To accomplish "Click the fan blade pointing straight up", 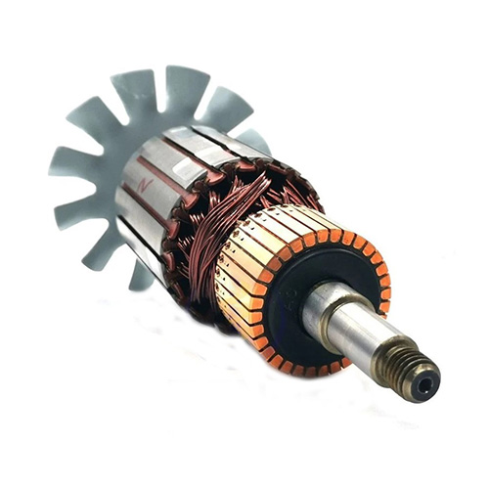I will click(x=181, y=88).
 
